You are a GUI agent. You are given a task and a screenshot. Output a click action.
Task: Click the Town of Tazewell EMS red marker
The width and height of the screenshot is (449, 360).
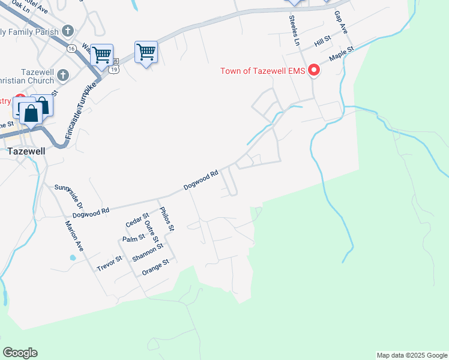click(313, 71)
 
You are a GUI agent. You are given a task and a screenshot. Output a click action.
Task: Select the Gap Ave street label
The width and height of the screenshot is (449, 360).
click(342, 22)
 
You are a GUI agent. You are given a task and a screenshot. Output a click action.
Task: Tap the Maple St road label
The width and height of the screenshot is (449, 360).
click(341, 55)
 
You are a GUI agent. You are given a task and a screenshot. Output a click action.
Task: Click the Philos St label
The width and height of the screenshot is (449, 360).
click(166, 219)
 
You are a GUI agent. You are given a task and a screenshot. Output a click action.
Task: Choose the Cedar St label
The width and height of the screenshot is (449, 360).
click(137, 220)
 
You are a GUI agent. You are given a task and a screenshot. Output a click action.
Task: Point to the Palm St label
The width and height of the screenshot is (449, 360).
click(133, 238)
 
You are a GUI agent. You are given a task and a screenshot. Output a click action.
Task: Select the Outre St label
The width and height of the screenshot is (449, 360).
click(151, 232)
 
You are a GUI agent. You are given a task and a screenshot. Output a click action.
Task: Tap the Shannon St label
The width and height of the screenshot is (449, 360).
click(148, 252)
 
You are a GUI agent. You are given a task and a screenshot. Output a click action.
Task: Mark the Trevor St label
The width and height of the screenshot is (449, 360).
click(110, 263)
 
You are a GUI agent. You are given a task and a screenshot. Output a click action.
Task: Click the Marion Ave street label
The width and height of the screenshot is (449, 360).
click(74, 236)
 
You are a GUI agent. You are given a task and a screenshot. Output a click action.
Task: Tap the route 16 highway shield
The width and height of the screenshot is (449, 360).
click(71, 48)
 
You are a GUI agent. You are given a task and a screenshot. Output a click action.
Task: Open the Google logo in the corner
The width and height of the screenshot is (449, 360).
click(20, 353)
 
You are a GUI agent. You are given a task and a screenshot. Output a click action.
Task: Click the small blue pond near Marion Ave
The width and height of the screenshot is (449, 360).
click(73, 258)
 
